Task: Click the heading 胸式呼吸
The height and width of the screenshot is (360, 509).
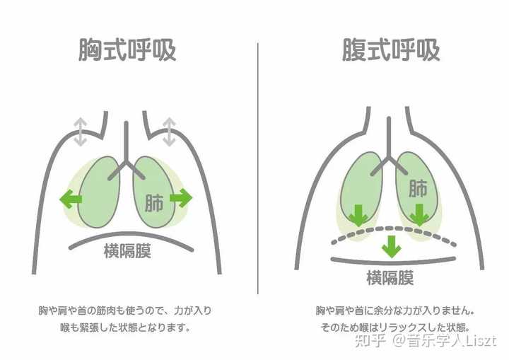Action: click(127, 51)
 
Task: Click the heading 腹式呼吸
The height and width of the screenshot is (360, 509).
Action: click(390, 51)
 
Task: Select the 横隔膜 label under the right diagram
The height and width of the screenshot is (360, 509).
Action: click(389, 276)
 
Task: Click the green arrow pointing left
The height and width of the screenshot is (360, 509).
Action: click(69, 199)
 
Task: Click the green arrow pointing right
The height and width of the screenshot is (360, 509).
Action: click(181, 199)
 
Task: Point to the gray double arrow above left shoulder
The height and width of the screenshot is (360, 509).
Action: click(81, 132)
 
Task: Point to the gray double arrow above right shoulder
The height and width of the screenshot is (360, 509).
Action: click(170, 132)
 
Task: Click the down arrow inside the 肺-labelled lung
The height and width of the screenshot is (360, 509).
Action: click(420, 214)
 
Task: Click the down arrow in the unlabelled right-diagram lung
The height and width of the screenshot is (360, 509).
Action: click(358, 214)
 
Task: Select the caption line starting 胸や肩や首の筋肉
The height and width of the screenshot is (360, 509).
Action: click(125, 310)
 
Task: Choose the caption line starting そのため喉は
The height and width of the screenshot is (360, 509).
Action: click(393, 328)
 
